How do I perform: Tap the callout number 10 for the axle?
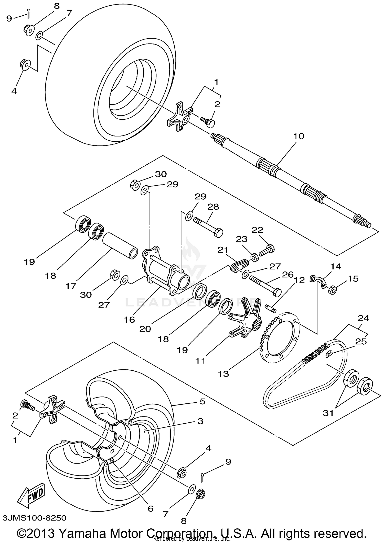298,136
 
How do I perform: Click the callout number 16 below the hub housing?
130,320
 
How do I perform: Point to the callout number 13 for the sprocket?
223,374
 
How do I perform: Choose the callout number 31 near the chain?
328,413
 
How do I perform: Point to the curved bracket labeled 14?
319,281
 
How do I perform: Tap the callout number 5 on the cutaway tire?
202,402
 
